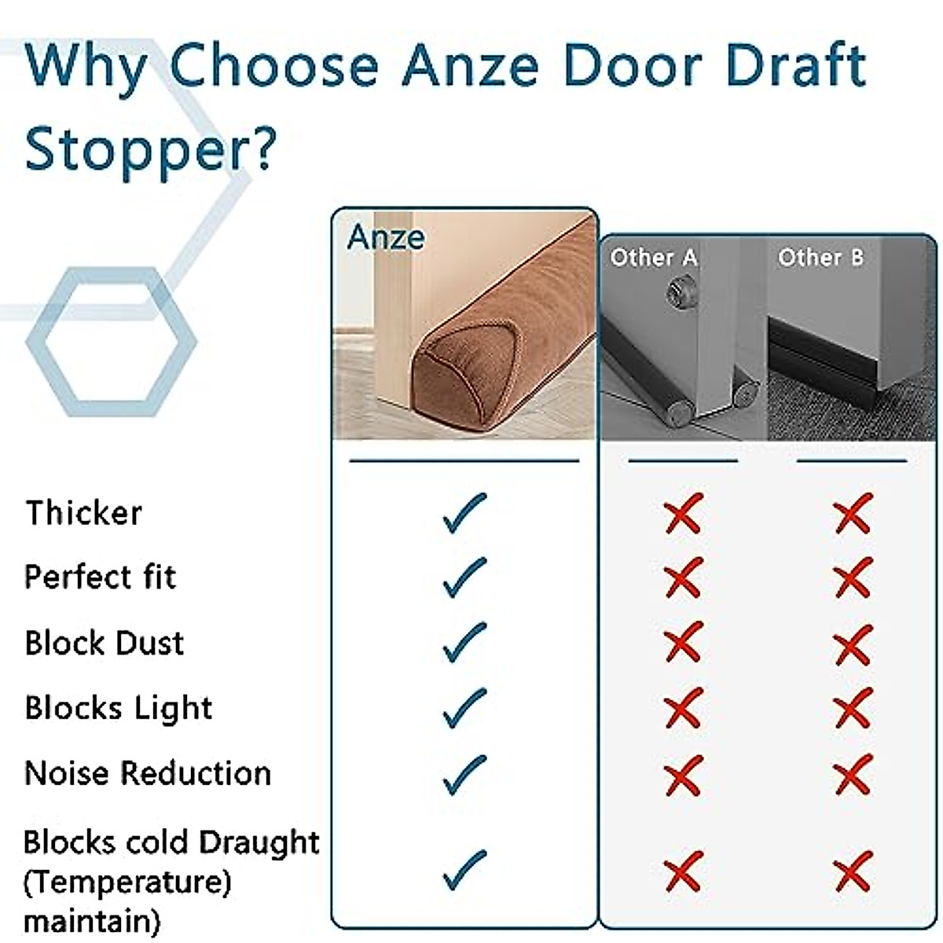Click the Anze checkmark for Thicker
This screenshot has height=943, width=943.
pos(464,513)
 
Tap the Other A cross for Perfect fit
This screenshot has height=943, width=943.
pos(683,578)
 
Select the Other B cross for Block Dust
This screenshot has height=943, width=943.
pos(853,644)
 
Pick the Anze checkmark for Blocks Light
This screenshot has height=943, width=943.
pos(464,708)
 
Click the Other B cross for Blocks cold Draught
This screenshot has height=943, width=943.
pos(853,871)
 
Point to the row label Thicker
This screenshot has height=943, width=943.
pos(84,513)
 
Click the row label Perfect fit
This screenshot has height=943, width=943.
pos(101,578)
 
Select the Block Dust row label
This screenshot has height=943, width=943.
pos(105,643)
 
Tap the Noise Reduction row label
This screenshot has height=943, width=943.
pos(148,773)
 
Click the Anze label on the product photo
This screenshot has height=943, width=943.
pos(386,237)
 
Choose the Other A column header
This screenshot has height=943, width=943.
pos(654,257)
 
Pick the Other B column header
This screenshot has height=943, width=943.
pos(820,257)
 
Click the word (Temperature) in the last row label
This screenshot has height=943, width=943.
pos(127,882)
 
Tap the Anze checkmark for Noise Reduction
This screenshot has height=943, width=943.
pos(464,774)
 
